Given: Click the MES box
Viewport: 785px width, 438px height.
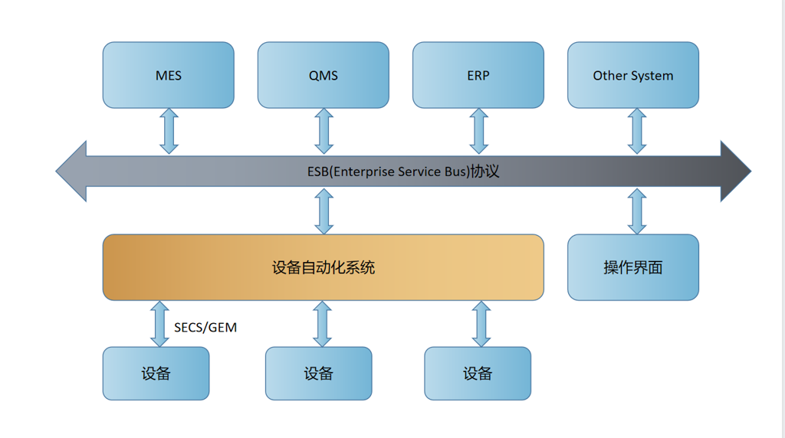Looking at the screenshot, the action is pyautogui.click(x=168, y=75).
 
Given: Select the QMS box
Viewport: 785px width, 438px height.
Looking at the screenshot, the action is pyautogui.click(x=324, y=75).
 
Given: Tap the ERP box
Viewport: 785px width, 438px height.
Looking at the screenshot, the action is pyautogui.click(x=478, y=75).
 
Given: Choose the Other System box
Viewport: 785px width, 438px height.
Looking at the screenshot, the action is pyautogui.click(x=633, y=75).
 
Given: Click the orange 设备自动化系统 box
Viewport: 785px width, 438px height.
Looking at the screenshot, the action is pyautogui.click(x=324, y=267).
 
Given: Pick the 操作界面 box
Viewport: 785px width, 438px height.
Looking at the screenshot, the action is pyautogui.click(x=633, y=267).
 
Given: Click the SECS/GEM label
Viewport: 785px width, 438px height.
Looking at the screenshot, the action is pyautogui.click(x=205, y=328).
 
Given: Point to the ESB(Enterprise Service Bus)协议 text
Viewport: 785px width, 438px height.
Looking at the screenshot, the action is pyautogui.click(x=403, y=172).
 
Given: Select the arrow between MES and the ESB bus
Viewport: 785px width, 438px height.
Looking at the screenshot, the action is pyautogui.click(x=169, y=131).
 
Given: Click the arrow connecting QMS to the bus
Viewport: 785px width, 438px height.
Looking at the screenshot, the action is pyautogui.click(x=324, y=131).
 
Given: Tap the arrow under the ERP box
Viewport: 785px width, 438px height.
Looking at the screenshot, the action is pyautogui.click(x=479, y=131).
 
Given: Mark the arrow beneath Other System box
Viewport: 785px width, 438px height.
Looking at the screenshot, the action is pyautogui.click(x=637, y=131).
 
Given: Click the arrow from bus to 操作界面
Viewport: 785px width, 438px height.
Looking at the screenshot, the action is pyautogui.click(x=637, y=211).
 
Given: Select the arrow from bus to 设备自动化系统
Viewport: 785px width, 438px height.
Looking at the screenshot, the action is pyautogui.click(x=324, y=211).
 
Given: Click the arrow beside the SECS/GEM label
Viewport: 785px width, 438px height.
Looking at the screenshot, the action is pyautogui.click(x=159, y=324).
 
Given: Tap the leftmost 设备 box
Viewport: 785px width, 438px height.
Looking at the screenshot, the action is pyautogui.click(x=156, y=374).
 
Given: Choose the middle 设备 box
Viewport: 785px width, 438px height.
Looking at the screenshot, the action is pyautogui.click(x=318, y=374).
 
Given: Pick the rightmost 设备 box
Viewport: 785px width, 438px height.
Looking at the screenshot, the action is pyautogui.click(x=478, y=374).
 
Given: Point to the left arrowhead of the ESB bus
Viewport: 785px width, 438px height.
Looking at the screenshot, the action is pyautogui.click(x=71, y=172).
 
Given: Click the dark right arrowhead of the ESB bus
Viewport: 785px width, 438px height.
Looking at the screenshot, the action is pyautogui.click(x=736, y=172).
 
